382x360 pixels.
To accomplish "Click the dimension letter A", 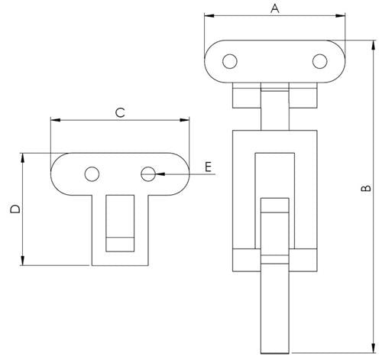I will pos(275,8).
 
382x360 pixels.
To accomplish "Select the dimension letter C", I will pos(119,113).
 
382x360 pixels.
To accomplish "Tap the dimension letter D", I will pos(14,209).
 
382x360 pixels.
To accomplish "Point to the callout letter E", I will pos(208,165).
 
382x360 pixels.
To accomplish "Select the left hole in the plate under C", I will pos(92,174).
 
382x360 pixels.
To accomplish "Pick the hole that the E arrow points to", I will pos(148,174).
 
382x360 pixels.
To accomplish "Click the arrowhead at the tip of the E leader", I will pos(158,174).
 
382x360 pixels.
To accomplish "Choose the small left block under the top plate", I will pos(244,96).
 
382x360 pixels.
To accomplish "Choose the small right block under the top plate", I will pos(306,96).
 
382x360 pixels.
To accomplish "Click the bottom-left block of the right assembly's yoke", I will pos(245,260).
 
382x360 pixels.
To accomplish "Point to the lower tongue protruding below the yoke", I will pos(275,313).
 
